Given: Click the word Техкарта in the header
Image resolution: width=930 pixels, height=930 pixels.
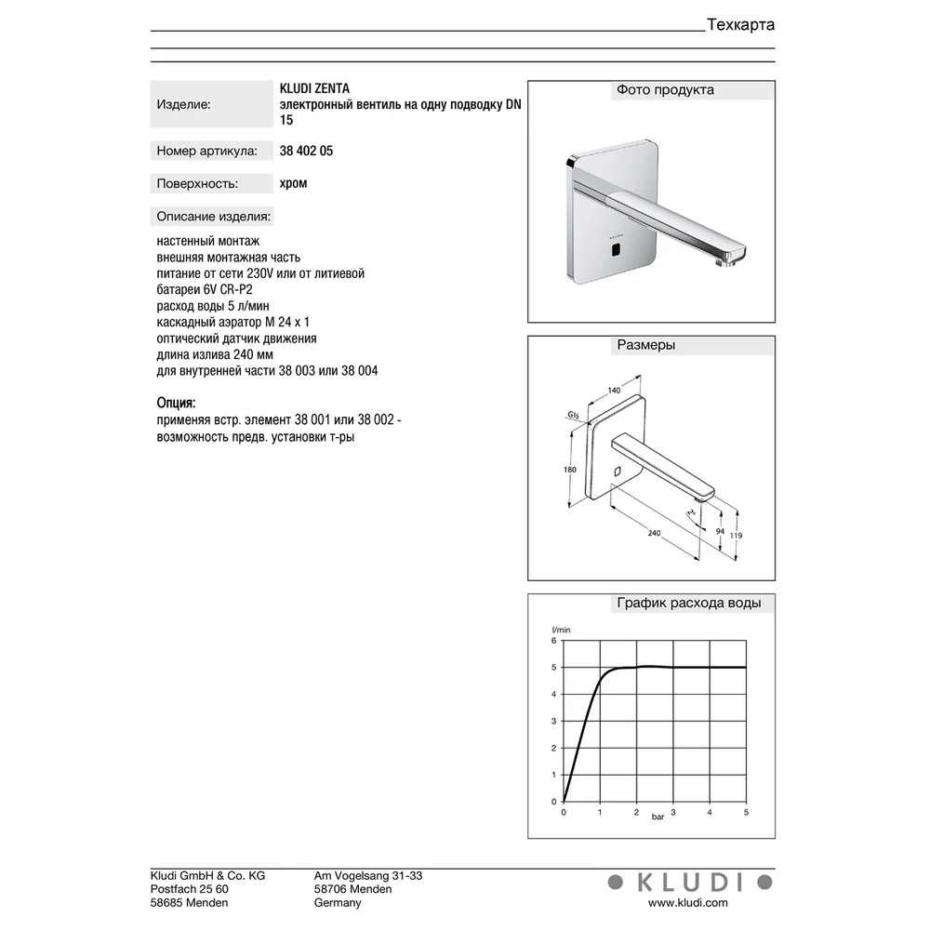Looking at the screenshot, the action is tap(741, 25).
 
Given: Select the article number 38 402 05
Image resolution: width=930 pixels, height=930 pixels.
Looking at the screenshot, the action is tap(306, 151).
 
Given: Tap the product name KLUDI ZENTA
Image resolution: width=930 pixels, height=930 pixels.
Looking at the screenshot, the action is tap(314, 88).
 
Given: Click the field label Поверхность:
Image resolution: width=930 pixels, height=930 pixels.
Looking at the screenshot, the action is tap(197, 184).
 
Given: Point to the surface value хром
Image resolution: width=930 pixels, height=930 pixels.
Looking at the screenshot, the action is tap(293, 183).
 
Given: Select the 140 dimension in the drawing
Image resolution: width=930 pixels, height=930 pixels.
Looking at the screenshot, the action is tap(614, 390).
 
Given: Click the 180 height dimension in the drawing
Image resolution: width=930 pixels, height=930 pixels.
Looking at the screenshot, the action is tap(569, 470).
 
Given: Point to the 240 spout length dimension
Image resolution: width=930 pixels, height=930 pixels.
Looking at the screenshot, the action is tap(654, 533).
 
